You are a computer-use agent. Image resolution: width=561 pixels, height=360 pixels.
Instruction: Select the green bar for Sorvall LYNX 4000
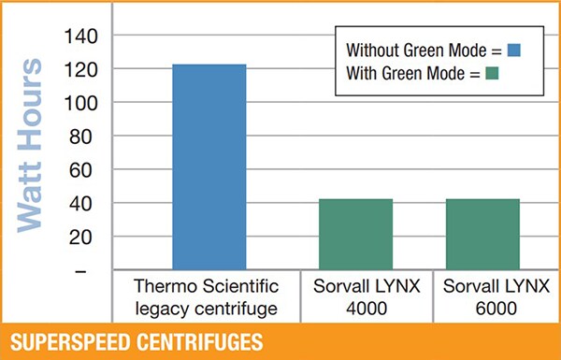[356, 235]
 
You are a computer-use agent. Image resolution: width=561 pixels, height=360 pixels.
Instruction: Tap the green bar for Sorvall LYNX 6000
[482, 235]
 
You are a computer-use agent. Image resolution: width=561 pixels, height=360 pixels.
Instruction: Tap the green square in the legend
[491, 73]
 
